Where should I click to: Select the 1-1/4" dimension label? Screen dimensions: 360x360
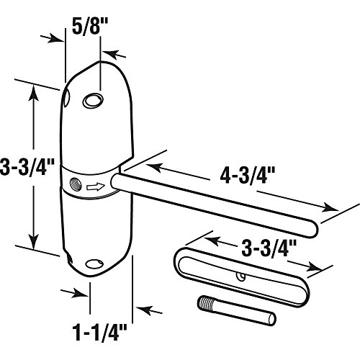(100, 333)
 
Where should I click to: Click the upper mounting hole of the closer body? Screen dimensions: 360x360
(92, 101)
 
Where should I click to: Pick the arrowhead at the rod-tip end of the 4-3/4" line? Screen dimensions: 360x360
(333, 209)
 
